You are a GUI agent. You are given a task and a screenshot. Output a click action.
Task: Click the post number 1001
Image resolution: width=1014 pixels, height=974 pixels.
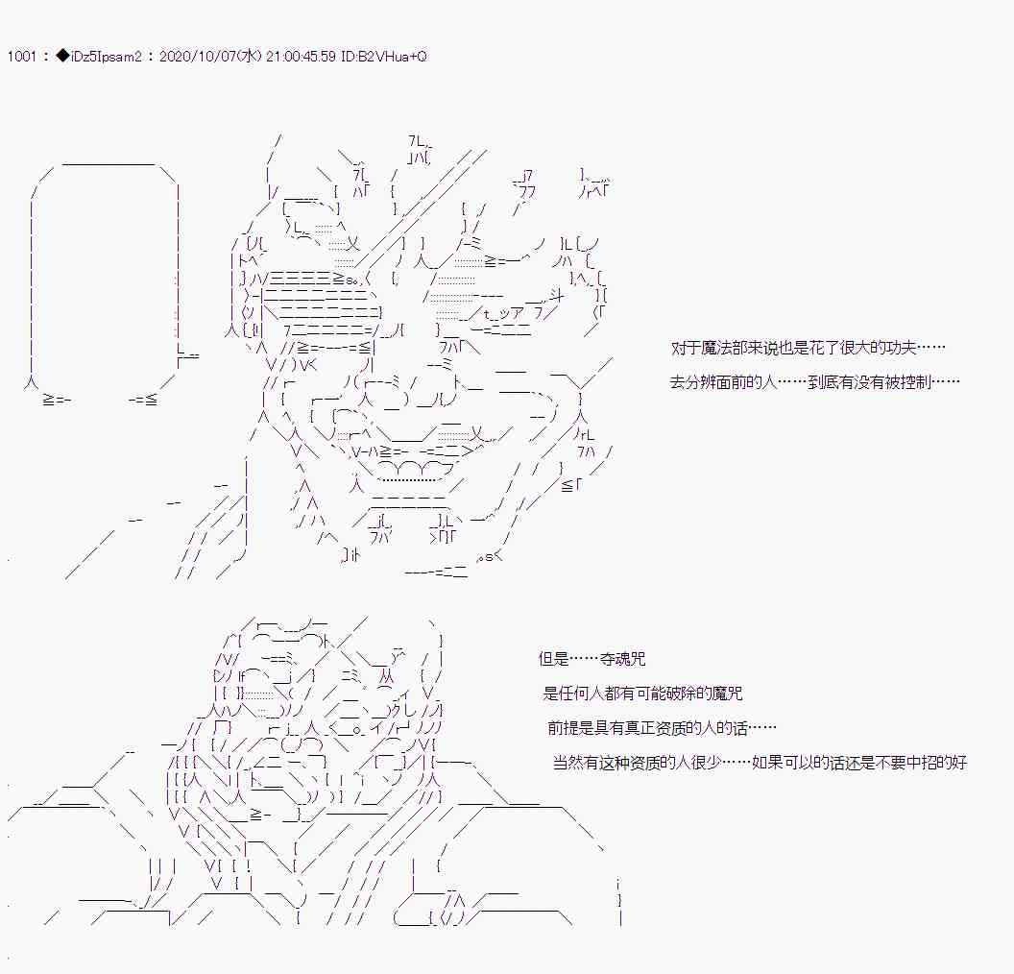tap(20, 57)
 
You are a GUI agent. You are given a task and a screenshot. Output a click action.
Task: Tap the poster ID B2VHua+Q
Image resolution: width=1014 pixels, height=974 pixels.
tap(396, 57)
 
